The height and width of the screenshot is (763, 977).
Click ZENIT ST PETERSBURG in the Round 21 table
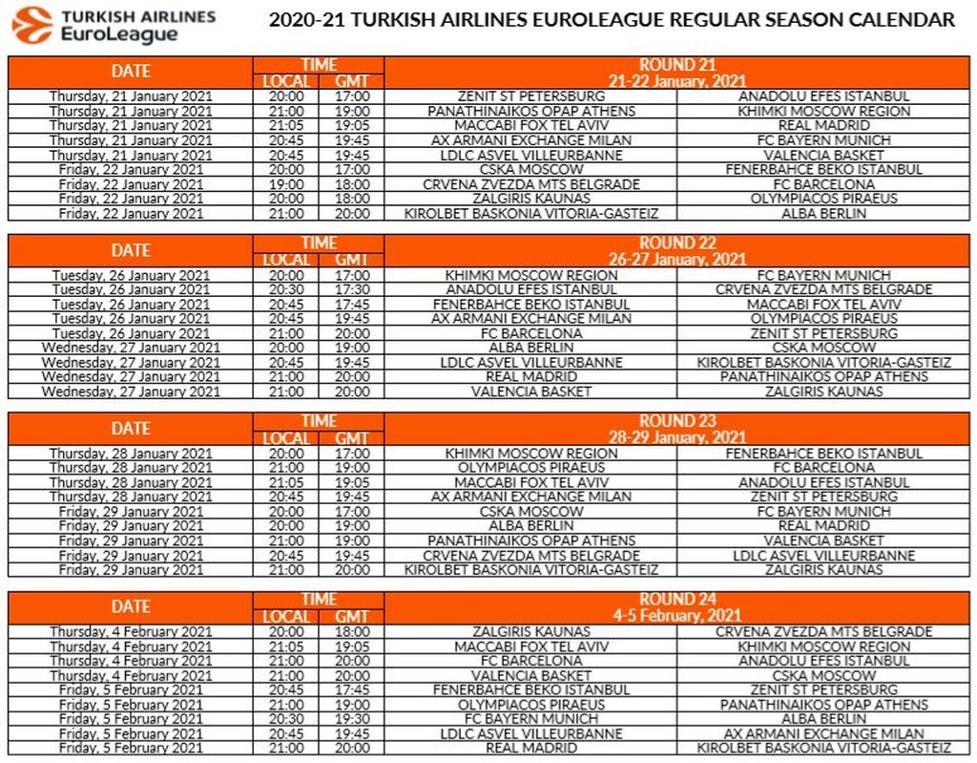(x=530, y=96)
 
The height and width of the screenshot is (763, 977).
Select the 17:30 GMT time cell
(x=351, y=289)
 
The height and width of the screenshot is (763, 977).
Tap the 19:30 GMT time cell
(x=351, y=719)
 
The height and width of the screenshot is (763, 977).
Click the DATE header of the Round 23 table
(x=131, y=428)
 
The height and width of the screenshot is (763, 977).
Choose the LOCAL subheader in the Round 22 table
(x=286, y=260)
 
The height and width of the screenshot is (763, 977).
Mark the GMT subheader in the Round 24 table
(x=351, y=617)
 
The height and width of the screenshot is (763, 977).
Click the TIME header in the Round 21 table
(x=319, y=65)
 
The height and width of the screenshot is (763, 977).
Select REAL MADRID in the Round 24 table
(x=530, y=748)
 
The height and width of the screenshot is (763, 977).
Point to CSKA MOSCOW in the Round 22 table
(x=823, y=348)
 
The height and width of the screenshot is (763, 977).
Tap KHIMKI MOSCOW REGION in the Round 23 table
(x=530, y=454)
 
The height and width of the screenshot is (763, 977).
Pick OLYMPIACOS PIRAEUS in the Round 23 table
(x=530, y=468)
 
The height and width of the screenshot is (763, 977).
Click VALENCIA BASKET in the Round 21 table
(x=823, y=155)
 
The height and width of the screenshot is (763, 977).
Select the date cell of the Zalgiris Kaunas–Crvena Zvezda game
(x=131, y=632)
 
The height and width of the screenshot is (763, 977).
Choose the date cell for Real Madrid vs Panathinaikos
(x=131, y=377)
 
